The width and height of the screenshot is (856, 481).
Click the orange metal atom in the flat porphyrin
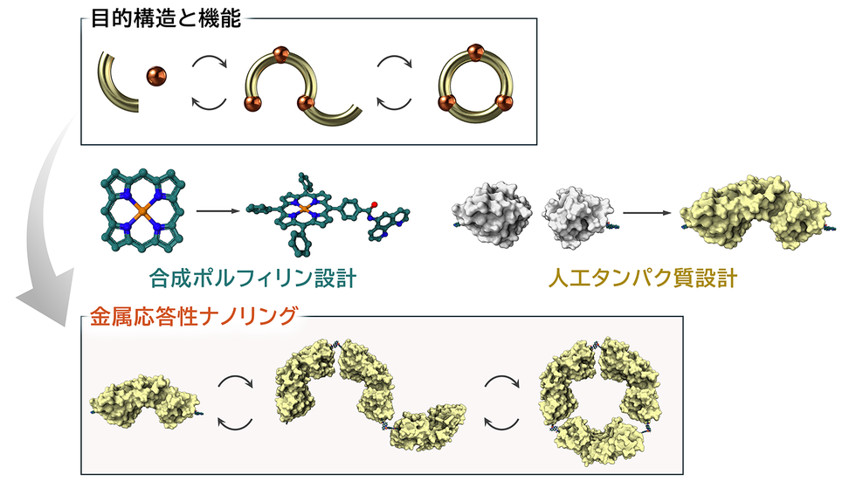click(140, 210)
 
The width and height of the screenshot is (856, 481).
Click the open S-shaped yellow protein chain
click(367, 397)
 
